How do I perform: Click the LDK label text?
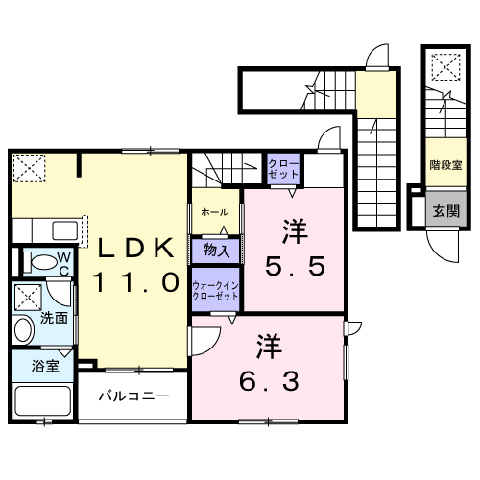coord(133,248)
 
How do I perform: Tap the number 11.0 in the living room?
coord(133,282)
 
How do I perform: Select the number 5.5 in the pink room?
coord(293,266)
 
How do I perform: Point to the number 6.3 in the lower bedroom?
coord(268,378)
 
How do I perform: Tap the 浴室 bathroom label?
coord(45,366)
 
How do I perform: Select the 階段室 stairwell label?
coord(443,165)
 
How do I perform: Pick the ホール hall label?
coord(214,210)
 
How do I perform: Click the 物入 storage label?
coord(216,252)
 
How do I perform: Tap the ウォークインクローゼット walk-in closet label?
coord(216,291)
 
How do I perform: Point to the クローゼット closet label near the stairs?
coord(283,169)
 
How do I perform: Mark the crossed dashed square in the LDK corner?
coord(30,168)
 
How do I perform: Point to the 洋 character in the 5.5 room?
coord(294,230)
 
